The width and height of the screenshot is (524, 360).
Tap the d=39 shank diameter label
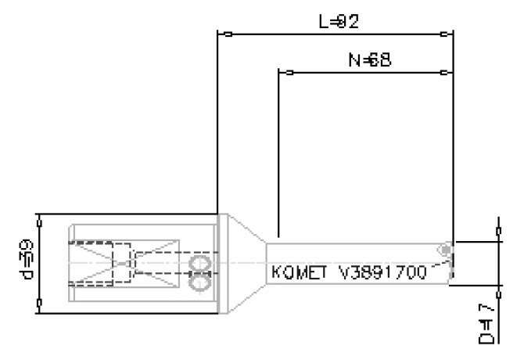(27, 265)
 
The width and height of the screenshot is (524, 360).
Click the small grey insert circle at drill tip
(444, 250)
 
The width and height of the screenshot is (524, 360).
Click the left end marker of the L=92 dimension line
(227, 34)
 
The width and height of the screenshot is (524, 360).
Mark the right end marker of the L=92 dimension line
(444, 34)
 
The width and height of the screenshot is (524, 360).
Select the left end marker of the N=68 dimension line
(289, 73)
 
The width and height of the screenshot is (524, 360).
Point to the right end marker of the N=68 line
(444, 73)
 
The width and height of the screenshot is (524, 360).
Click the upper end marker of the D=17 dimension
(499, 231)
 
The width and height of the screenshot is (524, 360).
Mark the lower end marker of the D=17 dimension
(499, 297)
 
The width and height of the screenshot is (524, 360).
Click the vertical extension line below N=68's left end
(278, 157)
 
